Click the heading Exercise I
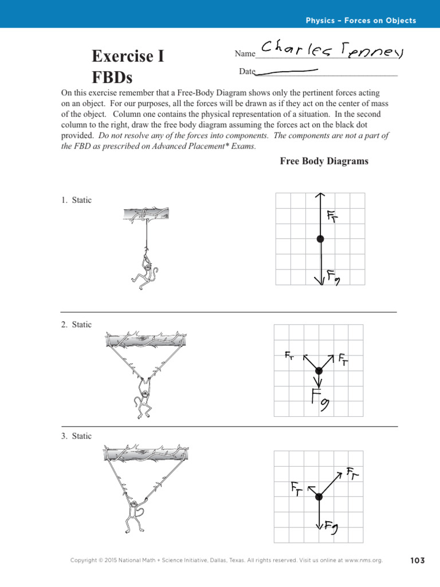(x=128, y=57)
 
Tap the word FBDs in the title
(x=112, y=77)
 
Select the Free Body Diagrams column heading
(x=324, y=161)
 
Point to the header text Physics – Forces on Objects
(x=361, y=21)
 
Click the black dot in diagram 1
(x=320, y=238)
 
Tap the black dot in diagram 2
(x=319, y=371)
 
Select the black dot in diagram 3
(x=319, y=496)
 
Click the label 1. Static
(x=76, y=200)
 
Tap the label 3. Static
(x=76, y=436)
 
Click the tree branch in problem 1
(x=147, y=214)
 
